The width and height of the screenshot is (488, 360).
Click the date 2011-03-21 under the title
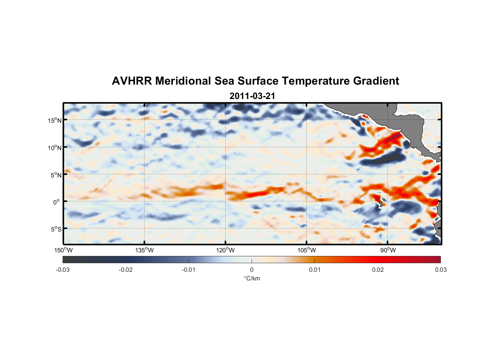(252, 96)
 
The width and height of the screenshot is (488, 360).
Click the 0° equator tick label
(57, 202)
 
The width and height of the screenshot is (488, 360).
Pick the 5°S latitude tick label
(56, 229)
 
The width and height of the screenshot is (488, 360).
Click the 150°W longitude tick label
(63, 250)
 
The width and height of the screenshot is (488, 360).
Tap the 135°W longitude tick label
(144, 250)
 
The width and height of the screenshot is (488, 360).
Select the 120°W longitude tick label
(225, 250)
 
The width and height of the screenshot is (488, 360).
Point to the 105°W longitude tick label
(307, 250)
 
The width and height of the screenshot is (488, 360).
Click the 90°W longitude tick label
(388, 250)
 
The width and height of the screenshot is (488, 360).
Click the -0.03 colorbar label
(63, 270)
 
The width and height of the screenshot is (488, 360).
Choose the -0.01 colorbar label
(189, 270)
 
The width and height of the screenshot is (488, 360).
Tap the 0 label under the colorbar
(252, 270)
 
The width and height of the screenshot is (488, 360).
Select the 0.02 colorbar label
(378, 270)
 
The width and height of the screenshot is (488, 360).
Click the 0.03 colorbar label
(440, 270)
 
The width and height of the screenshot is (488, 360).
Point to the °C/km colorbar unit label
(252, 278)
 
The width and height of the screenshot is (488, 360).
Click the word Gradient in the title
(376, 81)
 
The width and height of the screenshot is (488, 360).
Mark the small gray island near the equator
(381, 204)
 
